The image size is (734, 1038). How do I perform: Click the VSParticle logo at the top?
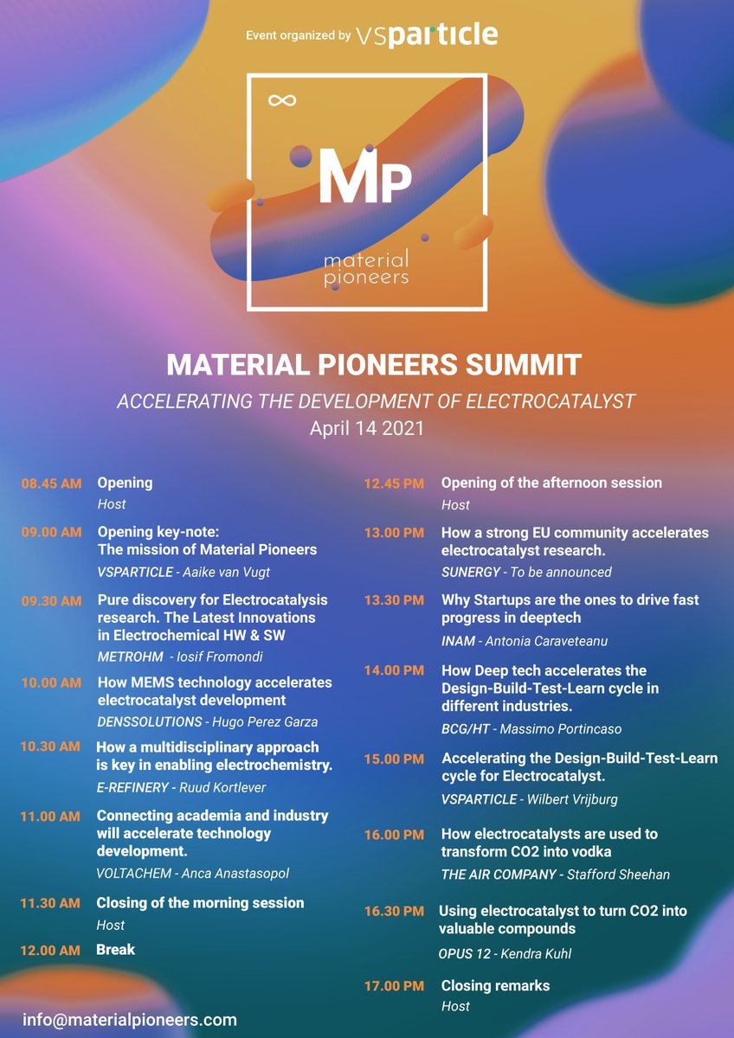coord(427,35)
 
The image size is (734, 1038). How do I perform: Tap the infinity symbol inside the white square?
coord(277,101)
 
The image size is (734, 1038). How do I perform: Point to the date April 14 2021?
coord(367,428)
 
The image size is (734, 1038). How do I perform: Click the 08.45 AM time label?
coord(51,484)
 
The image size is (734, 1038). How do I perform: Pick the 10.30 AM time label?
coord(51,746)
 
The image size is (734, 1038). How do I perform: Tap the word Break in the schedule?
coord(116,949)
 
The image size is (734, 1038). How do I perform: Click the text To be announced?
coord(561,572)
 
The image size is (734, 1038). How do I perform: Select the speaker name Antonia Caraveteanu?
coord(558,641)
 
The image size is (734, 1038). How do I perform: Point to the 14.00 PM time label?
coord(394,670)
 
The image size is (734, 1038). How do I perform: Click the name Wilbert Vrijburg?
coord(572,798)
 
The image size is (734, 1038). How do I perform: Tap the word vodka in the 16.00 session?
coord(592,851)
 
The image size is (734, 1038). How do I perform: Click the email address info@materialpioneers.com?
coord(130,1020)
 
